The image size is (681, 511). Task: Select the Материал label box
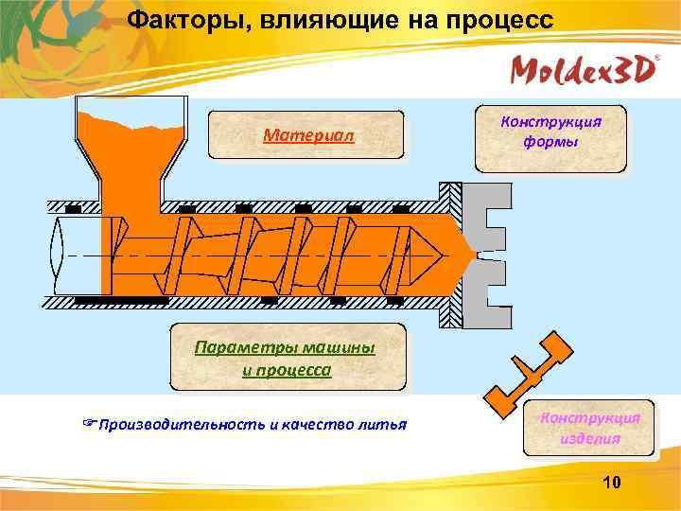[x=307, y=136]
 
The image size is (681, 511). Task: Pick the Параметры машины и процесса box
[x=287, y=358]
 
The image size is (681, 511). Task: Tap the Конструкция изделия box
[x=589, y=428]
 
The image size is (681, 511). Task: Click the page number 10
[x=611, y=485]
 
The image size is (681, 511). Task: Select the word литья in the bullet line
[x=386, y=424]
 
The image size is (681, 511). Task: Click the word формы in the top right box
[x=550, y=143]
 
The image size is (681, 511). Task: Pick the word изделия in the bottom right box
[x=589, y=438]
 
